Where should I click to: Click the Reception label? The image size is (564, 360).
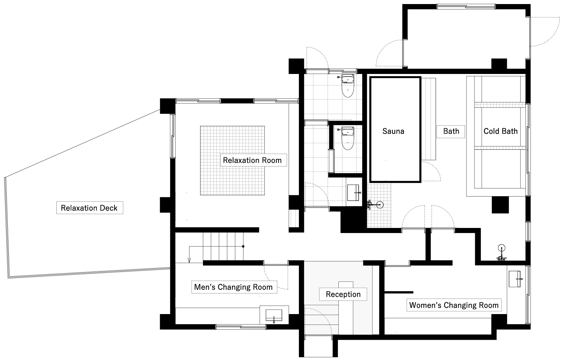pos(343,294)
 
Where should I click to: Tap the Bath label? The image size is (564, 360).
pos(451,131)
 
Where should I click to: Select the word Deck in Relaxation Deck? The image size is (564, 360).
pos(108,208)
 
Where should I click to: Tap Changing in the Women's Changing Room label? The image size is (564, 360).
pos(454,305)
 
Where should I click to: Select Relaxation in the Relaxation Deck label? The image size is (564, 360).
pos(79,208)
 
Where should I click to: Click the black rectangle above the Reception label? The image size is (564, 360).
pos(345,284)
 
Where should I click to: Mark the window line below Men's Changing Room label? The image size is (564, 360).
pos(241,327)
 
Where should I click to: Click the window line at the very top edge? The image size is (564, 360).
pos(466,6)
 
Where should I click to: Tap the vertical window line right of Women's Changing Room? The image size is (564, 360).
pos(528,294)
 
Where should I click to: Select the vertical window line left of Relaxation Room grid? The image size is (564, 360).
pos(173,136)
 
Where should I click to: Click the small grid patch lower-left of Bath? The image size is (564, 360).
pos(379,205)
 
